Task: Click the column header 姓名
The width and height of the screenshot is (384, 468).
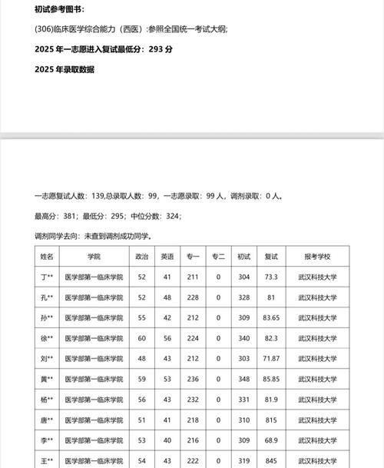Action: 48,256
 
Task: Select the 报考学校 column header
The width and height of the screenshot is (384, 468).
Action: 316,256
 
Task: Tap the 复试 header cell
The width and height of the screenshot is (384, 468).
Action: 271,256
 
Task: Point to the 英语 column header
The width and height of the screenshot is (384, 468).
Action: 167,256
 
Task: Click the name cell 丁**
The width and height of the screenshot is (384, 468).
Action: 48,277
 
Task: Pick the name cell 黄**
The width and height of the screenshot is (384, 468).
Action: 48,379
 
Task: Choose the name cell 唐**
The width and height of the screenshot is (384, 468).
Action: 48,420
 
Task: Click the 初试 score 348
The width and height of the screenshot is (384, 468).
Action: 244,379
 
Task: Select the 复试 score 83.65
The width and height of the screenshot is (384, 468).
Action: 271,317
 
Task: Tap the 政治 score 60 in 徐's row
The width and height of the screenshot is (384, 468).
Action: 141,338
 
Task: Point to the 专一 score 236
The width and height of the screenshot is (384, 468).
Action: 193,379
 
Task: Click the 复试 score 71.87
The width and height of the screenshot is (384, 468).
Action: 271,358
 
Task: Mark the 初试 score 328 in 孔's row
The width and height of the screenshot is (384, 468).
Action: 244,297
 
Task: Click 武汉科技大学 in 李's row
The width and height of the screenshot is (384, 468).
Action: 316,440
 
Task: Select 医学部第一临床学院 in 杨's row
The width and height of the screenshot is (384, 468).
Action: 94,400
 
